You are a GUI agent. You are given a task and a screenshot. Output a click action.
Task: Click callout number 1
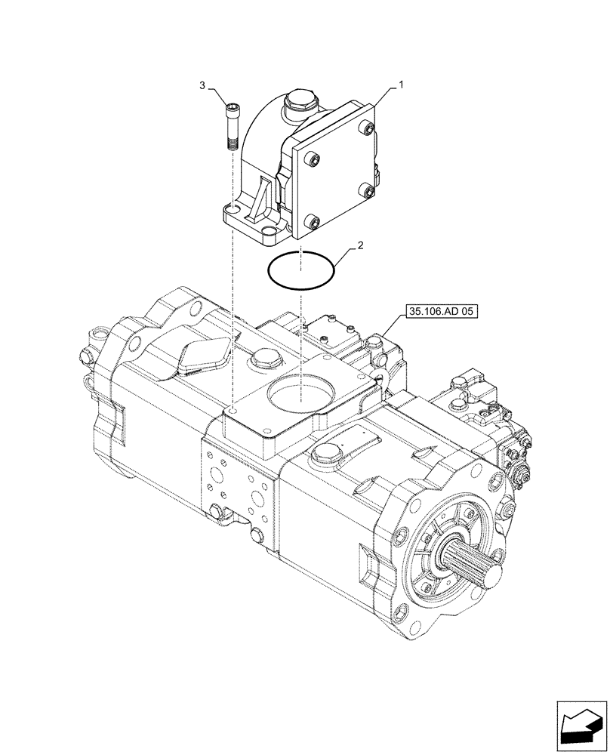(402, 86)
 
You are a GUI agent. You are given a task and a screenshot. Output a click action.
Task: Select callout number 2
(362, 245)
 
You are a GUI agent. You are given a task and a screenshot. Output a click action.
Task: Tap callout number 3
(202, 87)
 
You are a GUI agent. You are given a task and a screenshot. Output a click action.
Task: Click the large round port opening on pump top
(300, 395)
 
